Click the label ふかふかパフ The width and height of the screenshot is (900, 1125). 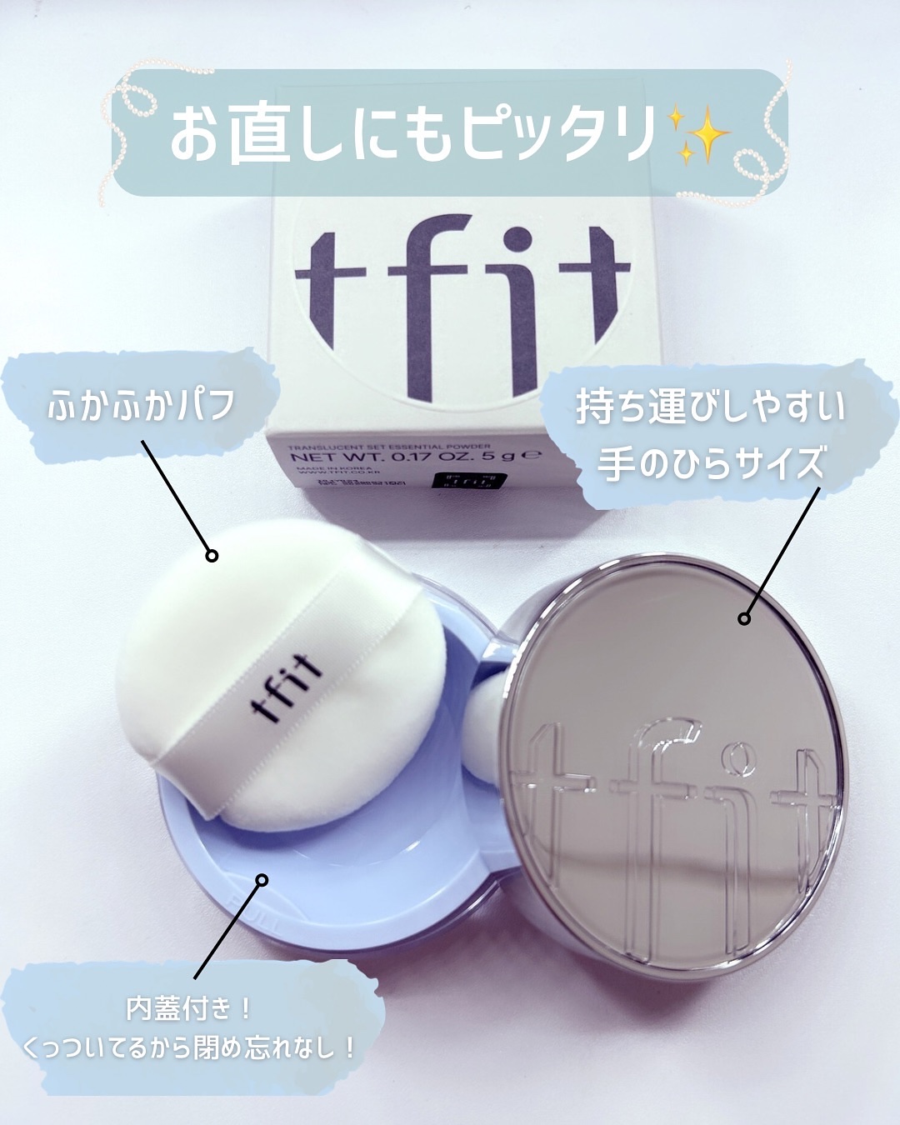[x=141, y=406]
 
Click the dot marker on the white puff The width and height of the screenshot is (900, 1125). [x=212, y=556]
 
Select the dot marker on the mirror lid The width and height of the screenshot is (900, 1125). [x=744, y=618]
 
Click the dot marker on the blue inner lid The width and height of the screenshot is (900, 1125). [x=262, y=880]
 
